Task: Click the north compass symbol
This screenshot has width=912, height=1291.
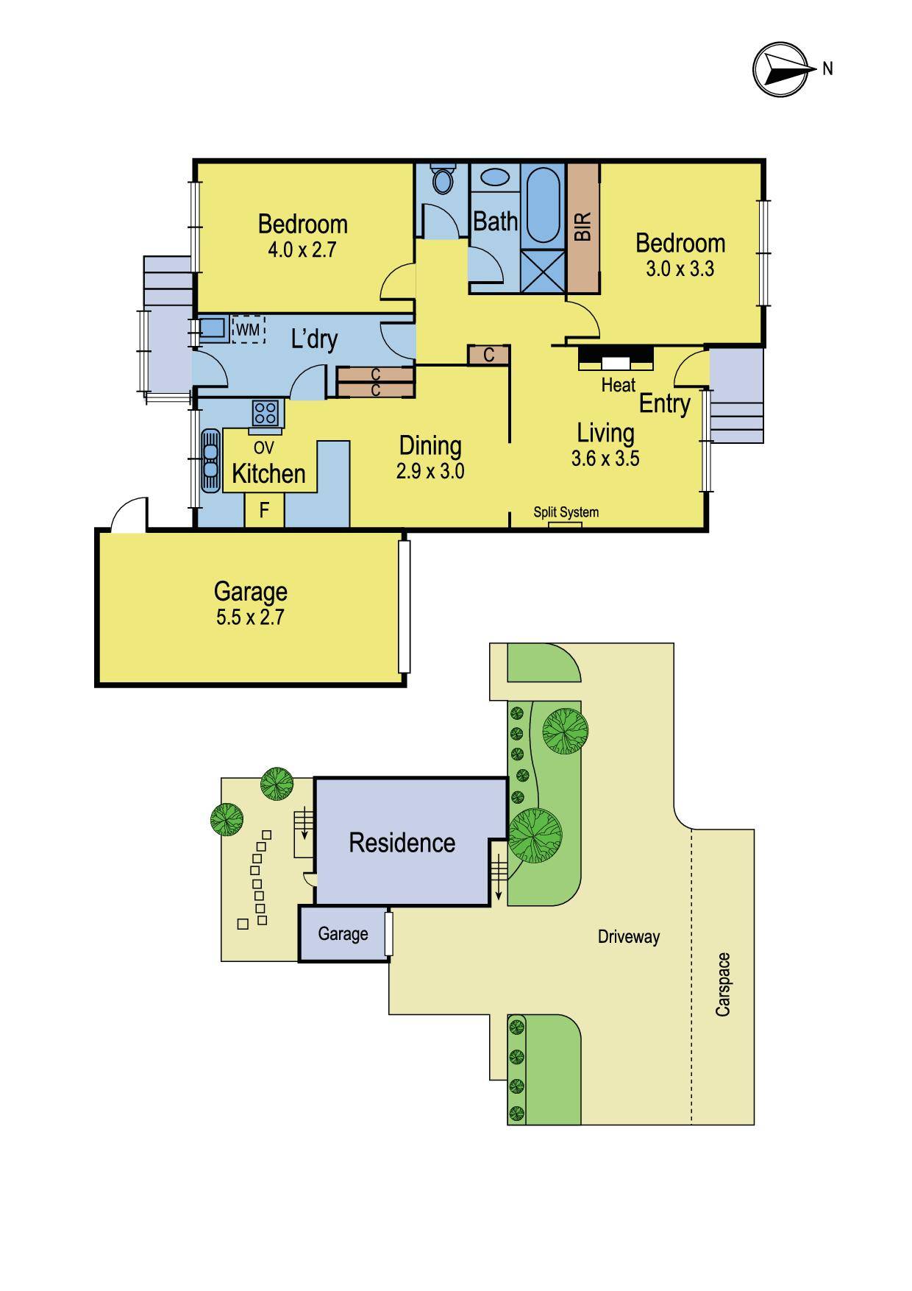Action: (782, 69)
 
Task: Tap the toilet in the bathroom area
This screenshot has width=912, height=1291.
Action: (443, 179)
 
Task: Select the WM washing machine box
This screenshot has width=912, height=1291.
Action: (248, 330)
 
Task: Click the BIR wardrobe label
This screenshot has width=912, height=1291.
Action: (583, 227)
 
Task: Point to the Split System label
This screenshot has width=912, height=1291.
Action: (566, 512)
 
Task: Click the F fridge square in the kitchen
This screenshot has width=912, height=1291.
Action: (264, 509)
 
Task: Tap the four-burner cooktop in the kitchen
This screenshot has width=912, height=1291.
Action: (266, 413)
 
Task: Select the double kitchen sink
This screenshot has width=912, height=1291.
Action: (210, 459)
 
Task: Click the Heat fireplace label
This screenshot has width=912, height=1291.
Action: (618, 384)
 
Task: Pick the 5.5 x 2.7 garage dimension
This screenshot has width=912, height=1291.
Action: (250, 617)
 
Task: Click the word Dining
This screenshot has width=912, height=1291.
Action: (430, 445)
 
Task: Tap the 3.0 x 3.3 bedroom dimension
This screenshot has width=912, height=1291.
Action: (680, 269)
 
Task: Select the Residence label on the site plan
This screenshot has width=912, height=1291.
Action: (402, 843)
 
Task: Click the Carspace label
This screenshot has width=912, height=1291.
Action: (723, 984)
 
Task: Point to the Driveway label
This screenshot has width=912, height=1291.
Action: (628, 937)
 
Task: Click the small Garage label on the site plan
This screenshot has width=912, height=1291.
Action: (343, 933)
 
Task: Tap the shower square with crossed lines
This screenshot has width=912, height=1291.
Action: (544, 271)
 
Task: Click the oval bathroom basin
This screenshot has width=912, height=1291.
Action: (495, 179)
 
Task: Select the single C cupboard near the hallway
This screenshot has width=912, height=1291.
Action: (488, 356)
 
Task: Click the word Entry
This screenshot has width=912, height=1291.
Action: (664, 403)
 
